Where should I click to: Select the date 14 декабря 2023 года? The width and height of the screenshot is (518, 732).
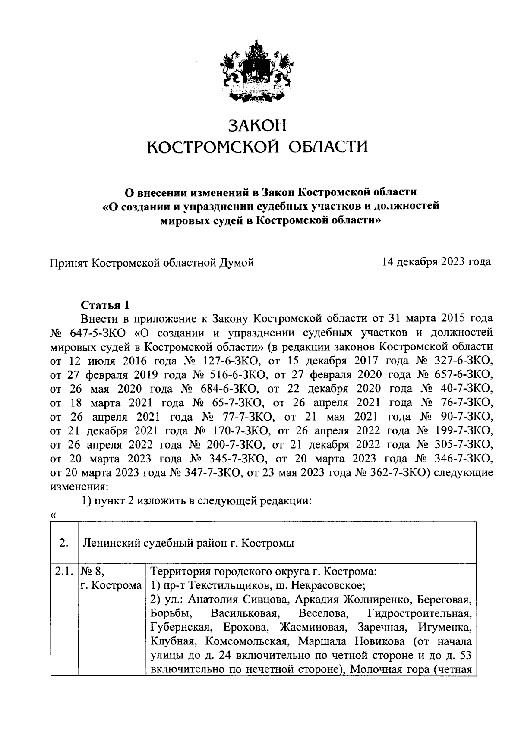436,262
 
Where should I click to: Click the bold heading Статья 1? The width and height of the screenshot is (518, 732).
105,305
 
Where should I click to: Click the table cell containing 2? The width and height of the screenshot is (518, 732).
63,543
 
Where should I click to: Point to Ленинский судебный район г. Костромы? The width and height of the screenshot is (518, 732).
188,543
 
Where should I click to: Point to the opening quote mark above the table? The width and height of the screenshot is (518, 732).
53,515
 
